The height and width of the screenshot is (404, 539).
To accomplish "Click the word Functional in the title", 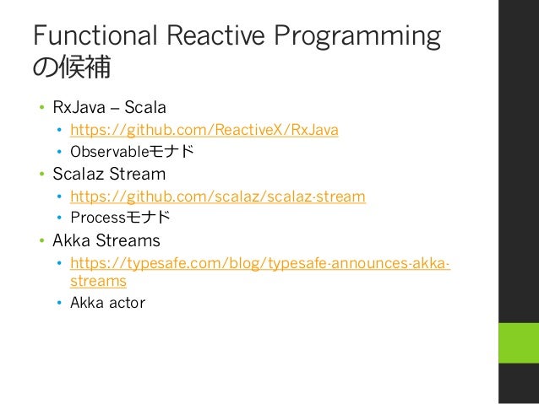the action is tap(95, 35).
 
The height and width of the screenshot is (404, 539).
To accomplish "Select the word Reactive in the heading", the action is tap(215, 35).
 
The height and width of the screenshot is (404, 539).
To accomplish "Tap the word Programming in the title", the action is tap(357, 38).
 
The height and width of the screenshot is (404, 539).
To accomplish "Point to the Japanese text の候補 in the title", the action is tap(72, 67).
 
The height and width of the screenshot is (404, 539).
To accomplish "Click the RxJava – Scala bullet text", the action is tap(109, 107).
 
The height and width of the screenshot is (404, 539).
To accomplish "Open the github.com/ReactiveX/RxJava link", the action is tap(204, 130).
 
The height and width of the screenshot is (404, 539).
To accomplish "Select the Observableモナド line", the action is tap(132, 151).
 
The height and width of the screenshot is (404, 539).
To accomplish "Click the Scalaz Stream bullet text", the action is tap(109, 174).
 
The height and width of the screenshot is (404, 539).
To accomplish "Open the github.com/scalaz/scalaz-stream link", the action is tap(218, 197).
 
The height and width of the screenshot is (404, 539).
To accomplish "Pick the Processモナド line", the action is tap(120, 218).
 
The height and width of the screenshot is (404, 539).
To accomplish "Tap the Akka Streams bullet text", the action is tap(106, 240).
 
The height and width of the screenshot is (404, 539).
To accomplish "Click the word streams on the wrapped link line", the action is tap(98, 281).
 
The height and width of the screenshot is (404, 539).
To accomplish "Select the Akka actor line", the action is tap(107, 303).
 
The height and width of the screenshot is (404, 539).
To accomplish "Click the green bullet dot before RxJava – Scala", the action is tap(42, 107).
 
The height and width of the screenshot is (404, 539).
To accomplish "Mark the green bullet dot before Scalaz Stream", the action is tap(42, 174).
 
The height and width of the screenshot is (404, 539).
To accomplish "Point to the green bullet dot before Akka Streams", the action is tap(42, 240).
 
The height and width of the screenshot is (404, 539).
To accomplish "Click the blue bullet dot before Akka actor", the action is tap(59, 303).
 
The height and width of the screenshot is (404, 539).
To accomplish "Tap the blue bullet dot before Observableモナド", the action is tap(59, 151).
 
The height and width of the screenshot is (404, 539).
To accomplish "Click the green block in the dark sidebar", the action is tap(519, 342).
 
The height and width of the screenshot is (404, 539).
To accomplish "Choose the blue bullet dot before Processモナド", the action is tap(59, 218).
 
